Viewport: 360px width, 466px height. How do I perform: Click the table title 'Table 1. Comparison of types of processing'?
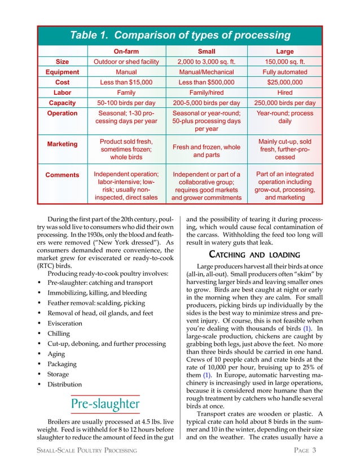coord(179,36)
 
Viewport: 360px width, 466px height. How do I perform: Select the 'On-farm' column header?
coord(127,51)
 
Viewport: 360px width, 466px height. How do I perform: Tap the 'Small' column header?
coord(206,51)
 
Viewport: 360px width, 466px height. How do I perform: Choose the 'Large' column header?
coord(285,51)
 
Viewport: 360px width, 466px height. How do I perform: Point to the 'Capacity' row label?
coord(63,103)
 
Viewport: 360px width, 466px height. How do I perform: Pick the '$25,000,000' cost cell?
coord(285,82)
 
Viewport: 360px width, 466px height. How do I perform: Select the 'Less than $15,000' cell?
coord(127,82)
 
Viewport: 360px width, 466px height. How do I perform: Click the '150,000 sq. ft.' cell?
coord(285,62)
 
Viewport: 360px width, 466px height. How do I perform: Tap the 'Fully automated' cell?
coord(285,72)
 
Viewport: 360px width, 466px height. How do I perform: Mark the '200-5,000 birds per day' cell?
coord(206,103)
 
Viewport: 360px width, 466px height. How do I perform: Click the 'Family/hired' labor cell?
coord(206,93)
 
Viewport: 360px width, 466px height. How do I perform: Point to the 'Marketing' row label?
coord(63,144)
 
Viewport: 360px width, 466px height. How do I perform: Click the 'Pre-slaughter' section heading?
coord(105,404)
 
